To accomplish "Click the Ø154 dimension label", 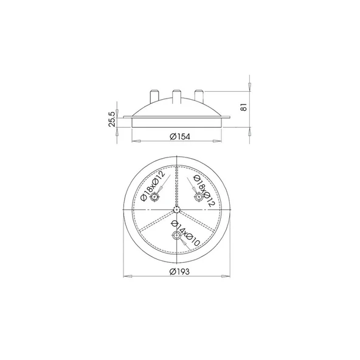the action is click(x=180, y=137).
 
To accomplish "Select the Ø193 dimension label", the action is click(x=180, y=272).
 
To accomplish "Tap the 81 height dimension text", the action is click(x=244, y=107).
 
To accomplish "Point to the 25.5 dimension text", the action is click(x=111, y=119).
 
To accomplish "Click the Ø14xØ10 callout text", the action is click(x=185, y=234).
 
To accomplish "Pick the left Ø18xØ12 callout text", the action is click(x=153, y=186).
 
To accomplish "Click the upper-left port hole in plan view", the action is click(x=154, y=197).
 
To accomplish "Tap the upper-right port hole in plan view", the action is click(x=199, y=197).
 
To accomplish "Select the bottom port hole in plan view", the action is click(x=176, y=235).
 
